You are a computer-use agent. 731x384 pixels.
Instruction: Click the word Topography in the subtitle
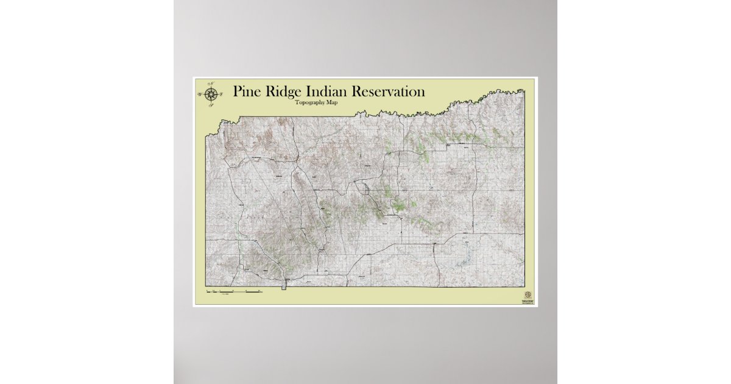pos(310,102)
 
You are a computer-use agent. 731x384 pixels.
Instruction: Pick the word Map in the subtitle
pos(332,102)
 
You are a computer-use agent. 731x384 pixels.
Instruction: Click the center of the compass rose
pos(211,94)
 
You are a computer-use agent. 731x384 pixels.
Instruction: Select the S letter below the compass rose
pos(210,105)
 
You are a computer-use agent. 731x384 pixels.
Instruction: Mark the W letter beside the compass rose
pos(199,95)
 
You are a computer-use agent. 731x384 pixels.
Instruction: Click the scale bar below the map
pos(235,293)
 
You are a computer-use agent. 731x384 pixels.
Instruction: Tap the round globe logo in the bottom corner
pos(528,294)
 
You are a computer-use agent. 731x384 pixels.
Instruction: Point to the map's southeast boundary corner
pos(524,286)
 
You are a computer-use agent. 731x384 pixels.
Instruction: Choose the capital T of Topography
pos(297,102)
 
